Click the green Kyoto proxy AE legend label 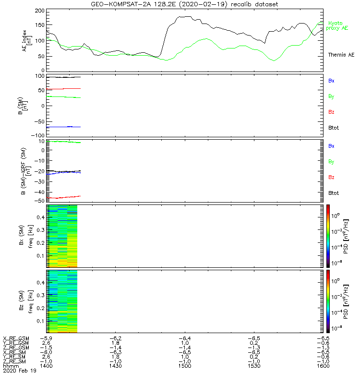tap(338, 25)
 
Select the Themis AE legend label tap(341, 55)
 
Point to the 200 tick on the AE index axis tap(39, 11)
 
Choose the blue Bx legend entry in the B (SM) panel tap(331, 81)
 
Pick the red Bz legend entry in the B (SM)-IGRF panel tap(331, 177)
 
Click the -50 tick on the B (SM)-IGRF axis tap(39, 200)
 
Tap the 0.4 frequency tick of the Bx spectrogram tap(39, 217)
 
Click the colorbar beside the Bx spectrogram tap(328, 235)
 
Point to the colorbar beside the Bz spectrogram tap(328, 301)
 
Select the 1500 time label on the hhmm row tap(184, 366)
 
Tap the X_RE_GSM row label tap(16, 338)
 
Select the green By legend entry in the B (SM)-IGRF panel tap(331, 161)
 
